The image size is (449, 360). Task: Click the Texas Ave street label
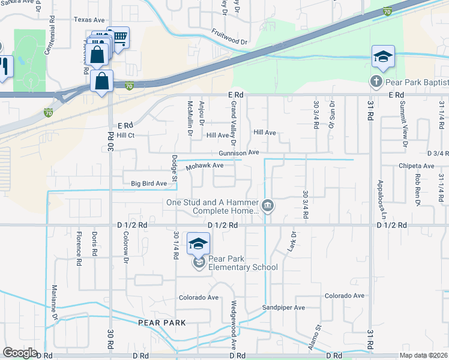[89, 20]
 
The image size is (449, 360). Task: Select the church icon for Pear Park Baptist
[376, 82]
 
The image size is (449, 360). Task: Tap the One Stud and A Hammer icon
[268, 206]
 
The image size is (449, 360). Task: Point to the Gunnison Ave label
[238, 153]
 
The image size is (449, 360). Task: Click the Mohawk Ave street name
[204, 166]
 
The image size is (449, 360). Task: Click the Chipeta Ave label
[416, 166]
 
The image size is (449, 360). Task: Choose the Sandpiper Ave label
[283, 308]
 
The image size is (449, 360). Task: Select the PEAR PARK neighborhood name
[161, 323]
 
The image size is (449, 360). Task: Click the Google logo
[20, 353]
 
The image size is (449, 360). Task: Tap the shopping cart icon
[119, 38]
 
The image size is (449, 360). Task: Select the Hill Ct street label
[125, 136]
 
